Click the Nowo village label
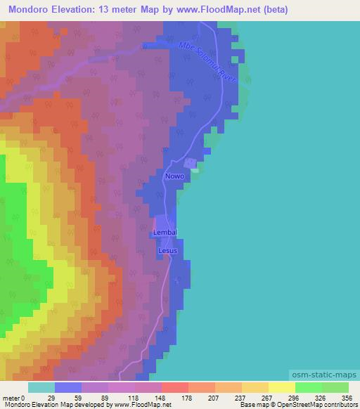(x=175, y=176)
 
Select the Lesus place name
(x=167, y=250)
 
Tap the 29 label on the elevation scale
(x=50, y=397)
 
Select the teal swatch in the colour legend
(x=41, y=387)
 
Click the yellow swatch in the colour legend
(x=281, y=387)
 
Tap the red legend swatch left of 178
(x=175, y=387)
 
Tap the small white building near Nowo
(x=196, y=169)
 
